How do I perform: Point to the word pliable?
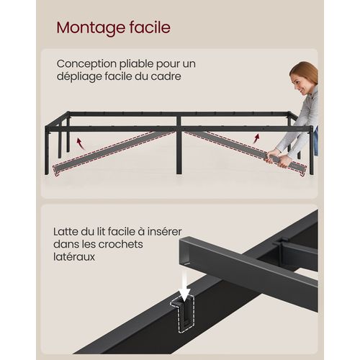pos(138,63)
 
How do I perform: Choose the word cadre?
pos(181,77)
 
